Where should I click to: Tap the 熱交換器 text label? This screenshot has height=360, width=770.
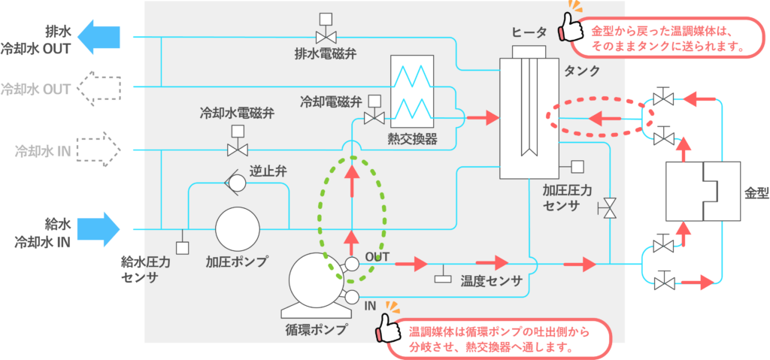(x=412, y=139)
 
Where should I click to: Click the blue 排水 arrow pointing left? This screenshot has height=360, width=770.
(x=99, y=38)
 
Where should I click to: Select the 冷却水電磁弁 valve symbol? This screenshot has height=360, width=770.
(x=238, y=149)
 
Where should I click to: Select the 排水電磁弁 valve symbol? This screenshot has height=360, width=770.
(x=326, y=35)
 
